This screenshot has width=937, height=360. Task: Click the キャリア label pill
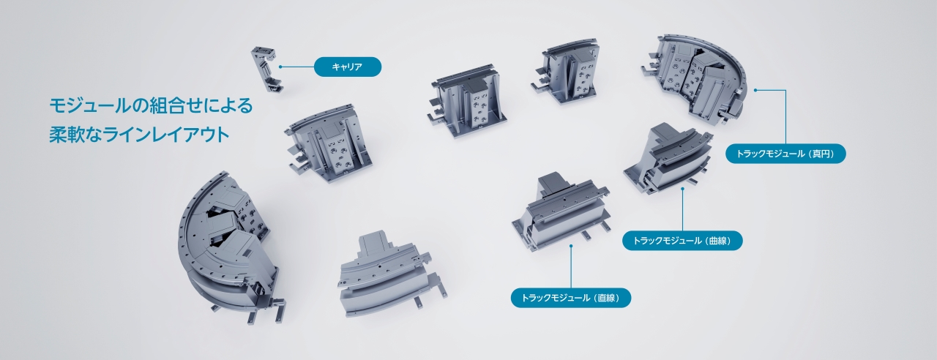tap(348, 67)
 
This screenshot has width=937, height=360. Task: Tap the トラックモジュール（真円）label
tap(785, 154)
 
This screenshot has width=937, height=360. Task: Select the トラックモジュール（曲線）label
tap(682, 241)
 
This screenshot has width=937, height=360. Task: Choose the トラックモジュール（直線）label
tap(570, 298)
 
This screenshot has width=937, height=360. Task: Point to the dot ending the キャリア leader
tap(280, 67)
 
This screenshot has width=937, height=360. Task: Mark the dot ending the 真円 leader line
tap(755, 91)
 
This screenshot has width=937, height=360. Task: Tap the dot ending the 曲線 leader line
tap(682, 189)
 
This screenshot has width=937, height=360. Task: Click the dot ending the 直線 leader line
tap(571, 246)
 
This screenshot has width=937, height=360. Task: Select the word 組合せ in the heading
tap(168, 106)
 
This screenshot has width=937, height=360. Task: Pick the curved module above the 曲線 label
tap(666, 157)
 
